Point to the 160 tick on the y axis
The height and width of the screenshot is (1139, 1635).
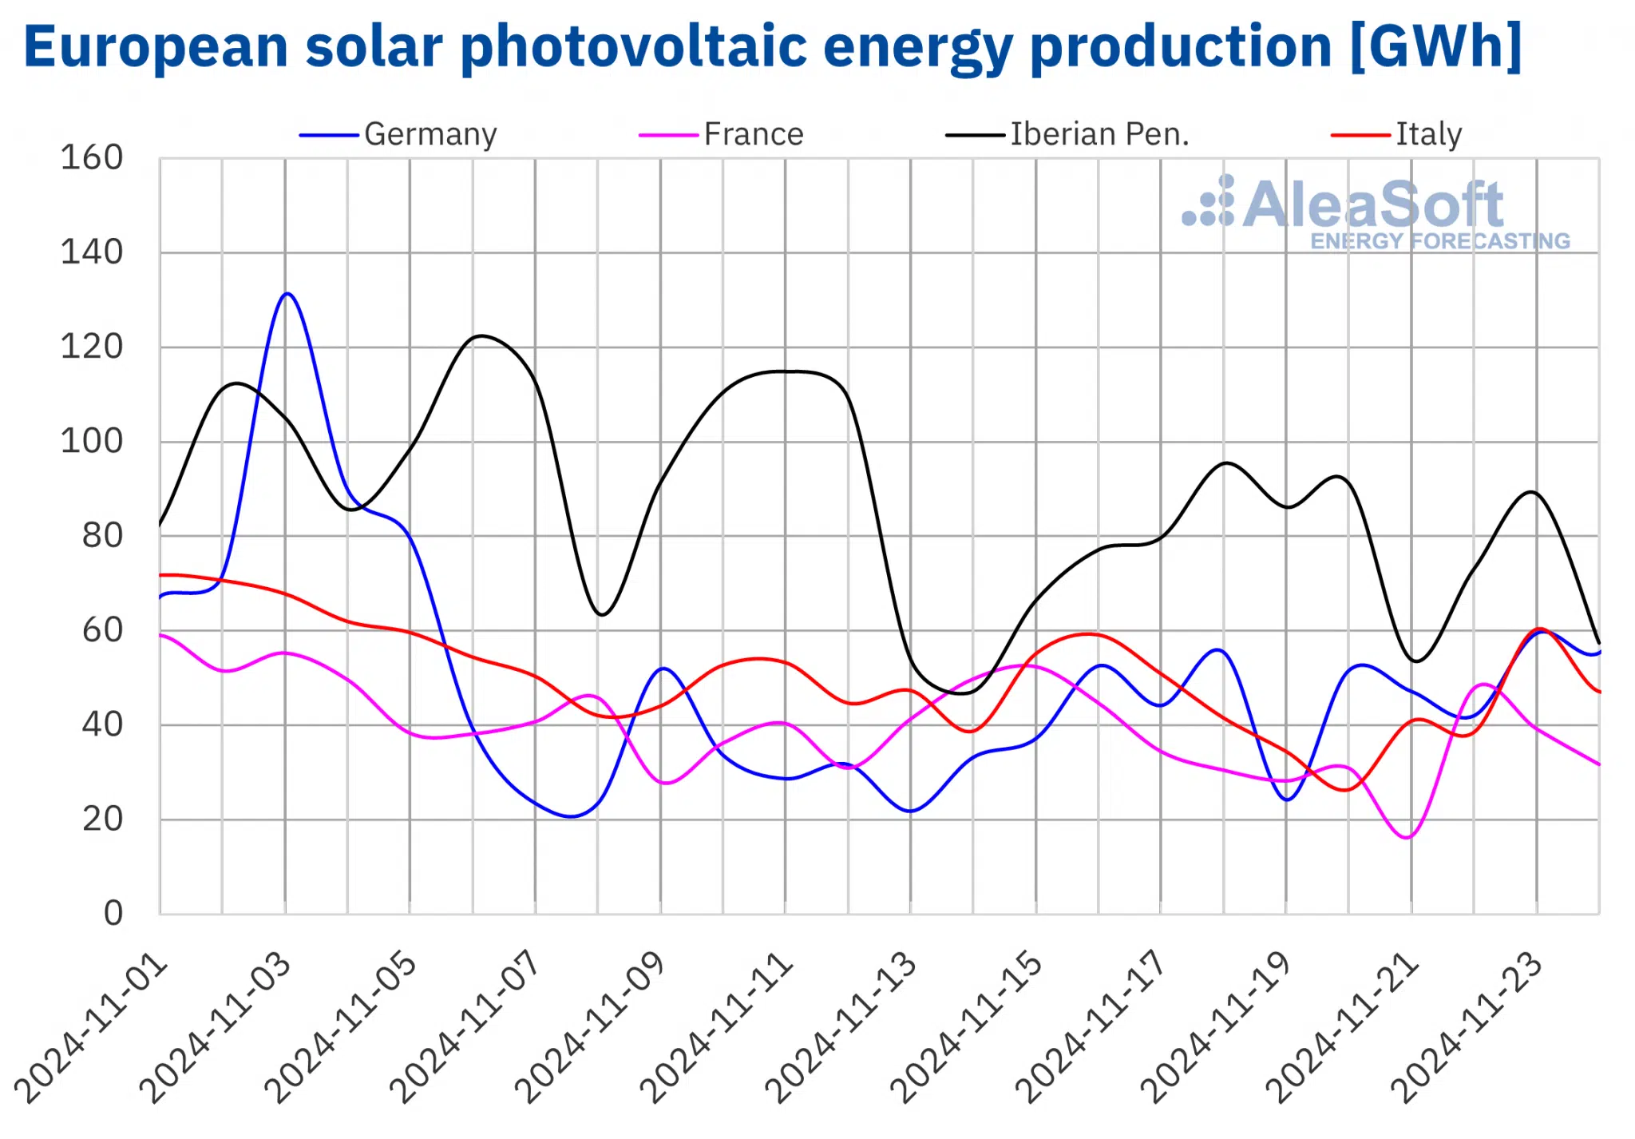[x=92, y=158]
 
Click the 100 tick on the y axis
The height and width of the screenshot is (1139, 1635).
[x=92, y=441]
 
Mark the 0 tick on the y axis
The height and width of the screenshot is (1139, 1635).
[x=113, y=913]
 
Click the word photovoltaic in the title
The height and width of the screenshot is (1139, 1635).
[x=635, y=46]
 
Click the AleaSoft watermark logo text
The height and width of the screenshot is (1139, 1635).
[x=1373, y=204]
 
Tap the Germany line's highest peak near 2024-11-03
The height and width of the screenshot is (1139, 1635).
[x=287, y=294]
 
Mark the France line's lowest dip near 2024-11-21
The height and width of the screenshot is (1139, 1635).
[x=1407, y=837]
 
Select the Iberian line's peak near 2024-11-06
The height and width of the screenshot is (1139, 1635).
[x=480, y=335]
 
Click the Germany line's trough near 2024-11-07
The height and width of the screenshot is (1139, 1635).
[x=570, y=816]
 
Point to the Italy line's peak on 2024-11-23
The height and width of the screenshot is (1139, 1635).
[x=1539, y=629]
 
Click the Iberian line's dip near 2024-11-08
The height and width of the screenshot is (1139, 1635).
[x=602, y=614]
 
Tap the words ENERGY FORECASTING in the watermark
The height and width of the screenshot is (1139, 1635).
[x=1440, y=241]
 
